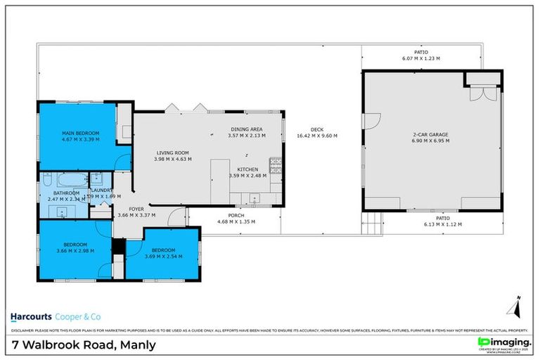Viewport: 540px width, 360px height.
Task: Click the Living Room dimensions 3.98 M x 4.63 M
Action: pyautogui.click(x=173, y=159)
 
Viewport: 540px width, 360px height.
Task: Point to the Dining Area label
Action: pyautogui.click(x=246, y=129)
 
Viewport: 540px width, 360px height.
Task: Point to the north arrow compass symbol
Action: pyautogui.click(x=513, y=307)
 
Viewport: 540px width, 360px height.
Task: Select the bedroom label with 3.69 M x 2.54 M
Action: pyautogui.click(x=163, y=254)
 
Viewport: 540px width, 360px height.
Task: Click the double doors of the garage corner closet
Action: pyautogui.click(x=480, y=94)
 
